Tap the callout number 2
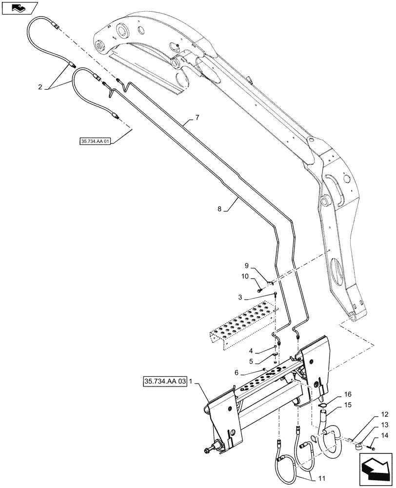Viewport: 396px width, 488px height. (40, 87)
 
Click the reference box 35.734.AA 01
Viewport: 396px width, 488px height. (95, 142)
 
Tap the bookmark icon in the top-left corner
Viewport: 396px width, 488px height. (19, 8)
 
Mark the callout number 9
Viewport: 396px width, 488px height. (247, 266)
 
